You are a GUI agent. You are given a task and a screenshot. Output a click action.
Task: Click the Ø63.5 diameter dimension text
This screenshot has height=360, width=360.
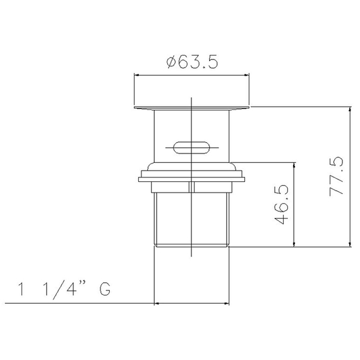[192, 62]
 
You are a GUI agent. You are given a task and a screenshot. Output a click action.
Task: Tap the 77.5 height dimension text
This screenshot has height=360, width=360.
[337, 176]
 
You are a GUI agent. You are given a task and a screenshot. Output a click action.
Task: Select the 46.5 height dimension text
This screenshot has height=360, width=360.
[282, 205]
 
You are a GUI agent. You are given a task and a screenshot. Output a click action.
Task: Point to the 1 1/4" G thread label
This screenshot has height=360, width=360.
[64, 290]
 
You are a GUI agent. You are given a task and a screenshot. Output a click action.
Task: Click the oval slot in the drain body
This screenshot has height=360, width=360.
[191, 148]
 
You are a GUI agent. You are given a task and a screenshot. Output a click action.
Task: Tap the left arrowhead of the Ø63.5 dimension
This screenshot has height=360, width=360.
[136, 75]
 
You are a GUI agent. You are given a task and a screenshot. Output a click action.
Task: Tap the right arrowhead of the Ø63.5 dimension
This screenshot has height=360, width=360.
[246, 75]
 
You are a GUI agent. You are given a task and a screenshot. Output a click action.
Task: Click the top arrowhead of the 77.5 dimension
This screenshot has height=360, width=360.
[350, 110]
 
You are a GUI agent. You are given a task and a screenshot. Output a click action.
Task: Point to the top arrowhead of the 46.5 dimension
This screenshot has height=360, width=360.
[294, 165]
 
